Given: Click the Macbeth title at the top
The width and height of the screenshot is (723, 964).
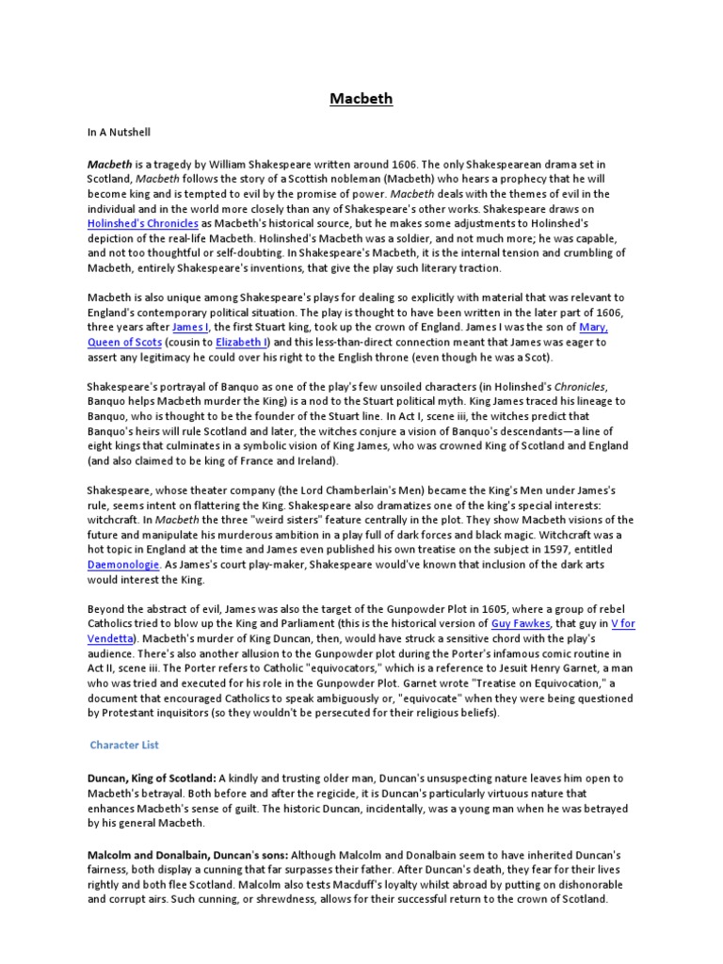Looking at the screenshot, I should click(x=361, y=99).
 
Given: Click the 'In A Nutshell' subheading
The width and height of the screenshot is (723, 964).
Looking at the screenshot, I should click(x=119, y=133).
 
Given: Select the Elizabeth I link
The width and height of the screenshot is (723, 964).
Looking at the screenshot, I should click(x=242, y=342).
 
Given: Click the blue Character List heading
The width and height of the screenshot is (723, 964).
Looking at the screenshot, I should click(x=124, y=745).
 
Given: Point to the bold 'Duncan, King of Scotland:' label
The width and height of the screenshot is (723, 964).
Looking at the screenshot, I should click(x=151, y=779).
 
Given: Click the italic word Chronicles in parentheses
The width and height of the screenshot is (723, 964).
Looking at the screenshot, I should click(x=578, y=386).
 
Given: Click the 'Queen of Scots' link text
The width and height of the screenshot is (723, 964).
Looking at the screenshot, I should click(x=124, y=342).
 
